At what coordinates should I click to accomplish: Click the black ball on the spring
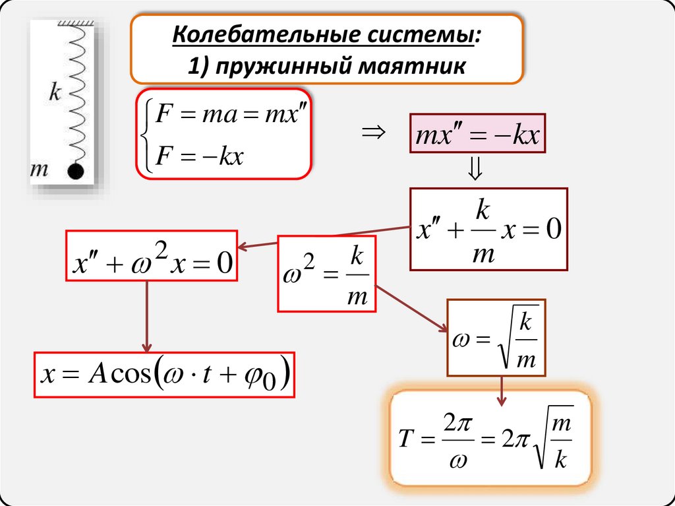[76, 172]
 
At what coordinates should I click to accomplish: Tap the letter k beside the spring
[55, 92]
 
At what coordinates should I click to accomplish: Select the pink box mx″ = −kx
[478, 137]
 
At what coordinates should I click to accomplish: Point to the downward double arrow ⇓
[475, 172]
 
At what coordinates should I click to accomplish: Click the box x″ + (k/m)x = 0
[488, 229]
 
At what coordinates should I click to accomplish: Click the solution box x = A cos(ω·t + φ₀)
[164, 375]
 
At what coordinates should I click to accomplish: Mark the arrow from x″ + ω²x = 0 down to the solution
[148, 316]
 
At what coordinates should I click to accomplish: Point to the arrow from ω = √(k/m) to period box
[502, 391]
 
